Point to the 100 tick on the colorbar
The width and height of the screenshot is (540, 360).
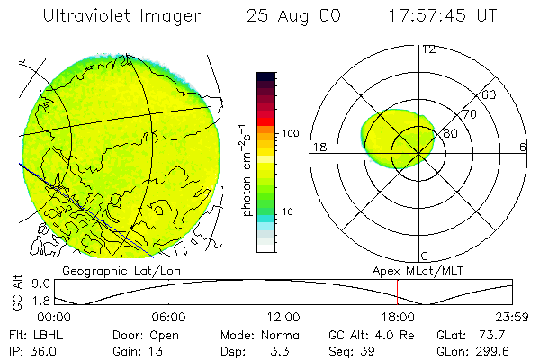(x=291, y=133)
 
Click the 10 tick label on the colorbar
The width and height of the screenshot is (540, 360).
(x=288, y=211)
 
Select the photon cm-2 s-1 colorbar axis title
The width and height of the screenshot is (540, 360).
(x=246, y=170)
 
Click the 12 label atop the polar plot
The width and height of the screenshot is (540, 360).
(x=429, y=49)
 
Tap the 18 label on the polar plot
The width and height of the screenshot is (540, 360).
(x=319, y=147)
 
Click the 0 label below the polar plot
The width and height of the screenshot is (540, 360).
(x=425, y=255)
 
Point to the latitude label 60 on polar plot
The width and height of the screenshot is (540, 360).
(x=490, y=95)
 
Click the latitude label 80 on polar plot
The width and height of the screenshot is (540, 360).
(x=449, y=132)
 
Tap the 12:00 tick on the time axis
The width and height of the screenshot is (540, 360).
(x=283, y=317)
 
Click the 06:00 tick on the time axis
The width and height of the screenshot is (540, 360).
(x=168, y=317)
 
